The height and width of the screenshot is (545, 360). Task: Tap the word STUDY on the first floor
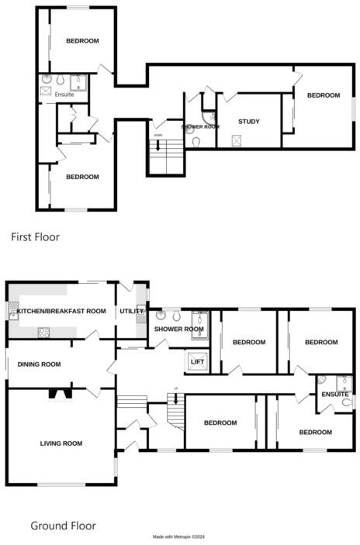tap(249, 122)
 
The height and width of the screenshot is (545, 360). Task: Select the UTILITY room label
tap(130, 312)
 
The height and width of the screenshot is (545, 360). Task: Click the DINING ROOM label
tap(40, 364)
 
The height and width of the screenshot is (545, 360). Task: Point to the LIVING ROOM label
tap(61, 443)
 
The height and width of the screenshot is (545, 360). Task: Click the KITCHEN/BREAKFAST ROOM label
tap(61, 312)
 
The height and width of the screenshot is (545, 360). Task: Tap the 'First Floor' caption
tap(35, 237)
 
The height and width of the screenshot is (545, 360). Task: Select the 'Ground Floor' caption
tap(63, 526)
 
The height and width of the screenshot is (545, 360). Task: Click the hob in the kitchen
tap(44, 333)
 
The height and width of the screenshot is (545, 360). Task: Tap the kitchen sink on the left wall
tap(13, 313)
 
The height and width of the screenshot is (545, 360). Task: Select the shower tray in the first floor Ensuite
tap(79, 82)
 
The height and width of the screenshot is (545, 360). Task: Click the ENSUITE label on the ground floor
tap(335, 395)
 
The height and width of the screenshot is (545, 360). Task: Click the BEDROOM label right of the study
tap(324, 95)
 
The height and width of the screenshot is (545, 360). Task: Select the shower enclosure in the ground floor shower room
tap(199, 319)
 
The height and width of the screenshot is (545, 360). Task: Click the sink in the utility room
tap(141, 316)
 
